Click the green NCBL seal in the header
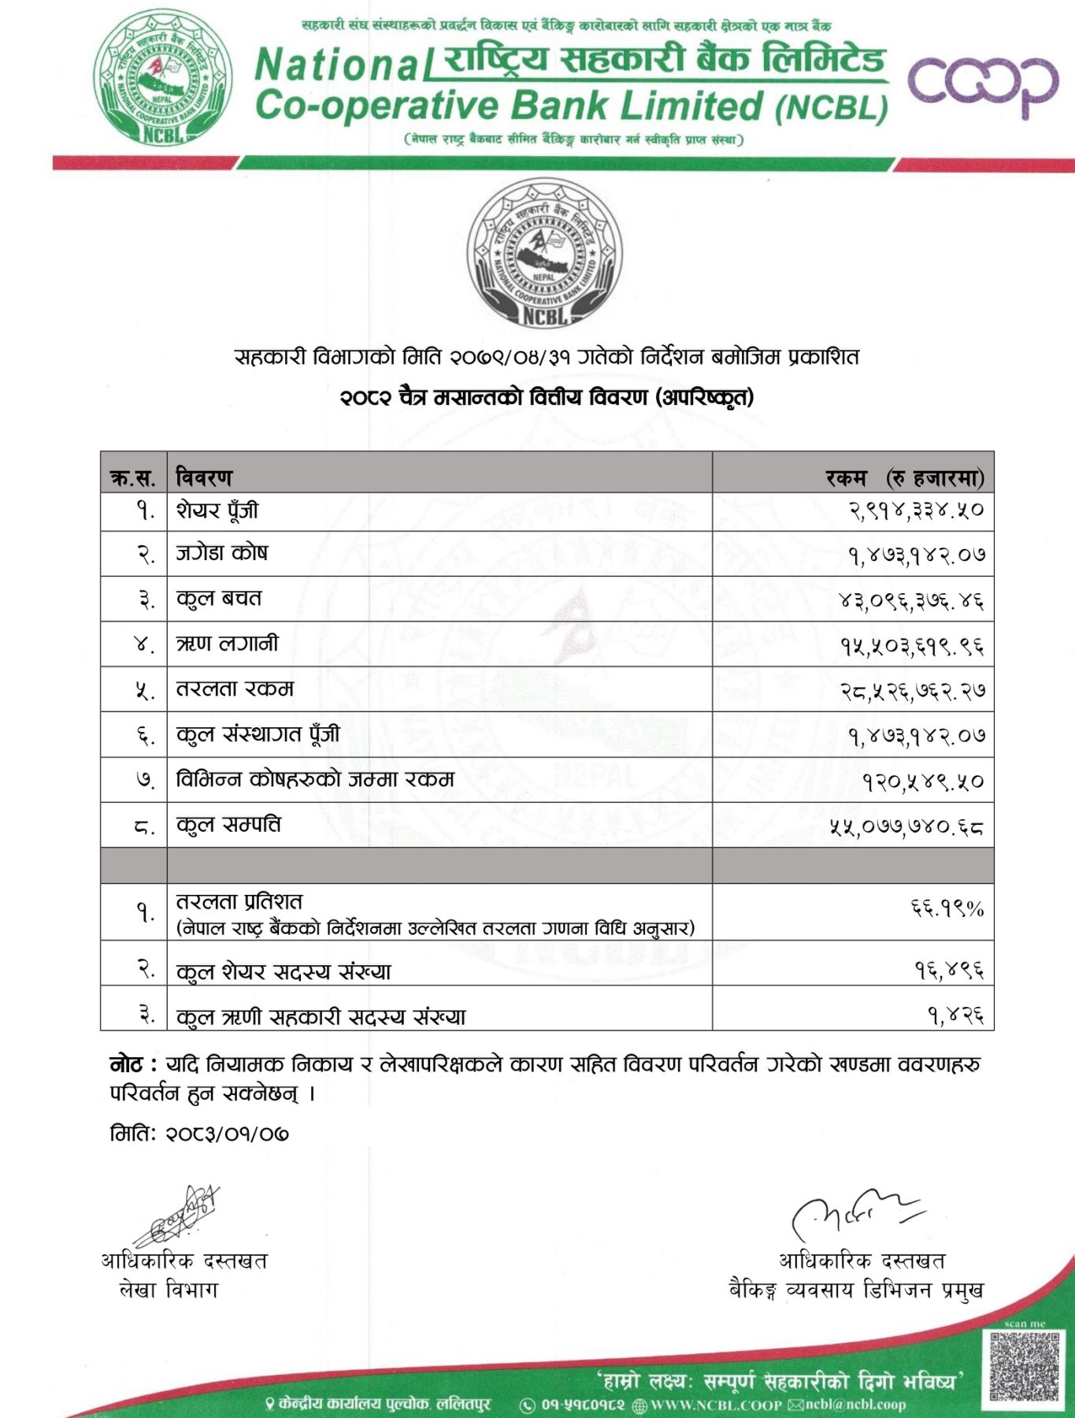163,77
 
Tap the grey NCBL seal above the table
544,254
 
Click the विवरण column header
204,477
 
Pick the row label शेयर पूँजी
217,510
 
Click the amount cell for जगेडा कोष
916,555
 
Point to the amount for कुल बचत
911,601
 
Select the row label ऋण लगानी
227,644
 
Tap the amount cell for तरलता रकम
912,691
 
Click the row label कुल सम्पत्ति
228,825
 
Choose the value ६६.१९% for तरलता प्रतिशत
947,909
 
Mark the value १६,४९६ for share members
949,969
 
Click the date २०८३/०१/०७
227,1134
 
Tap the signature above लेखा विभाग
177,1216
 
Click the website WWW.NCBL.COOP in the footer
716,1405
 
